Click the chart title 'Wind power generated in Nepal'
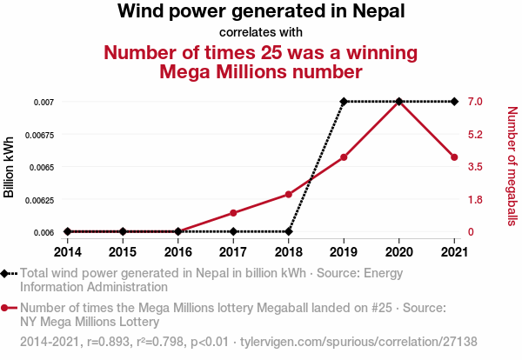coord(261,12)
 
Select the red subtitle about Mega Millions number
coord(261,61)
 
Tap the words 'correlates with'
coord(261,32)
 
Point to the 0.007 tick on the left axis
coord(44,102)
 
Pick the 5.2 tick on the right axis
coord(474,134)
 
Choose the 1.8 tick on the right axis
coord(474,200)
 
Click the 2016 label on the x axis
coord(178,251)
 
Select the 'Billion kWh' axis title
coord(10,167)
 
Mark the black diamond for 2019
coord(344,102)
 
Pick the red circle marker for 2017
coord(233,213)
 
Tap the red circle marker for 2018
coord(289,194)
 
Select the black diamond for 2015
coord(123,231)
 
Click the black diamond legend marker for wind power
coord(5,274)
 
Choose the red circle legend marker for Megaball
coord(5,308)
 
